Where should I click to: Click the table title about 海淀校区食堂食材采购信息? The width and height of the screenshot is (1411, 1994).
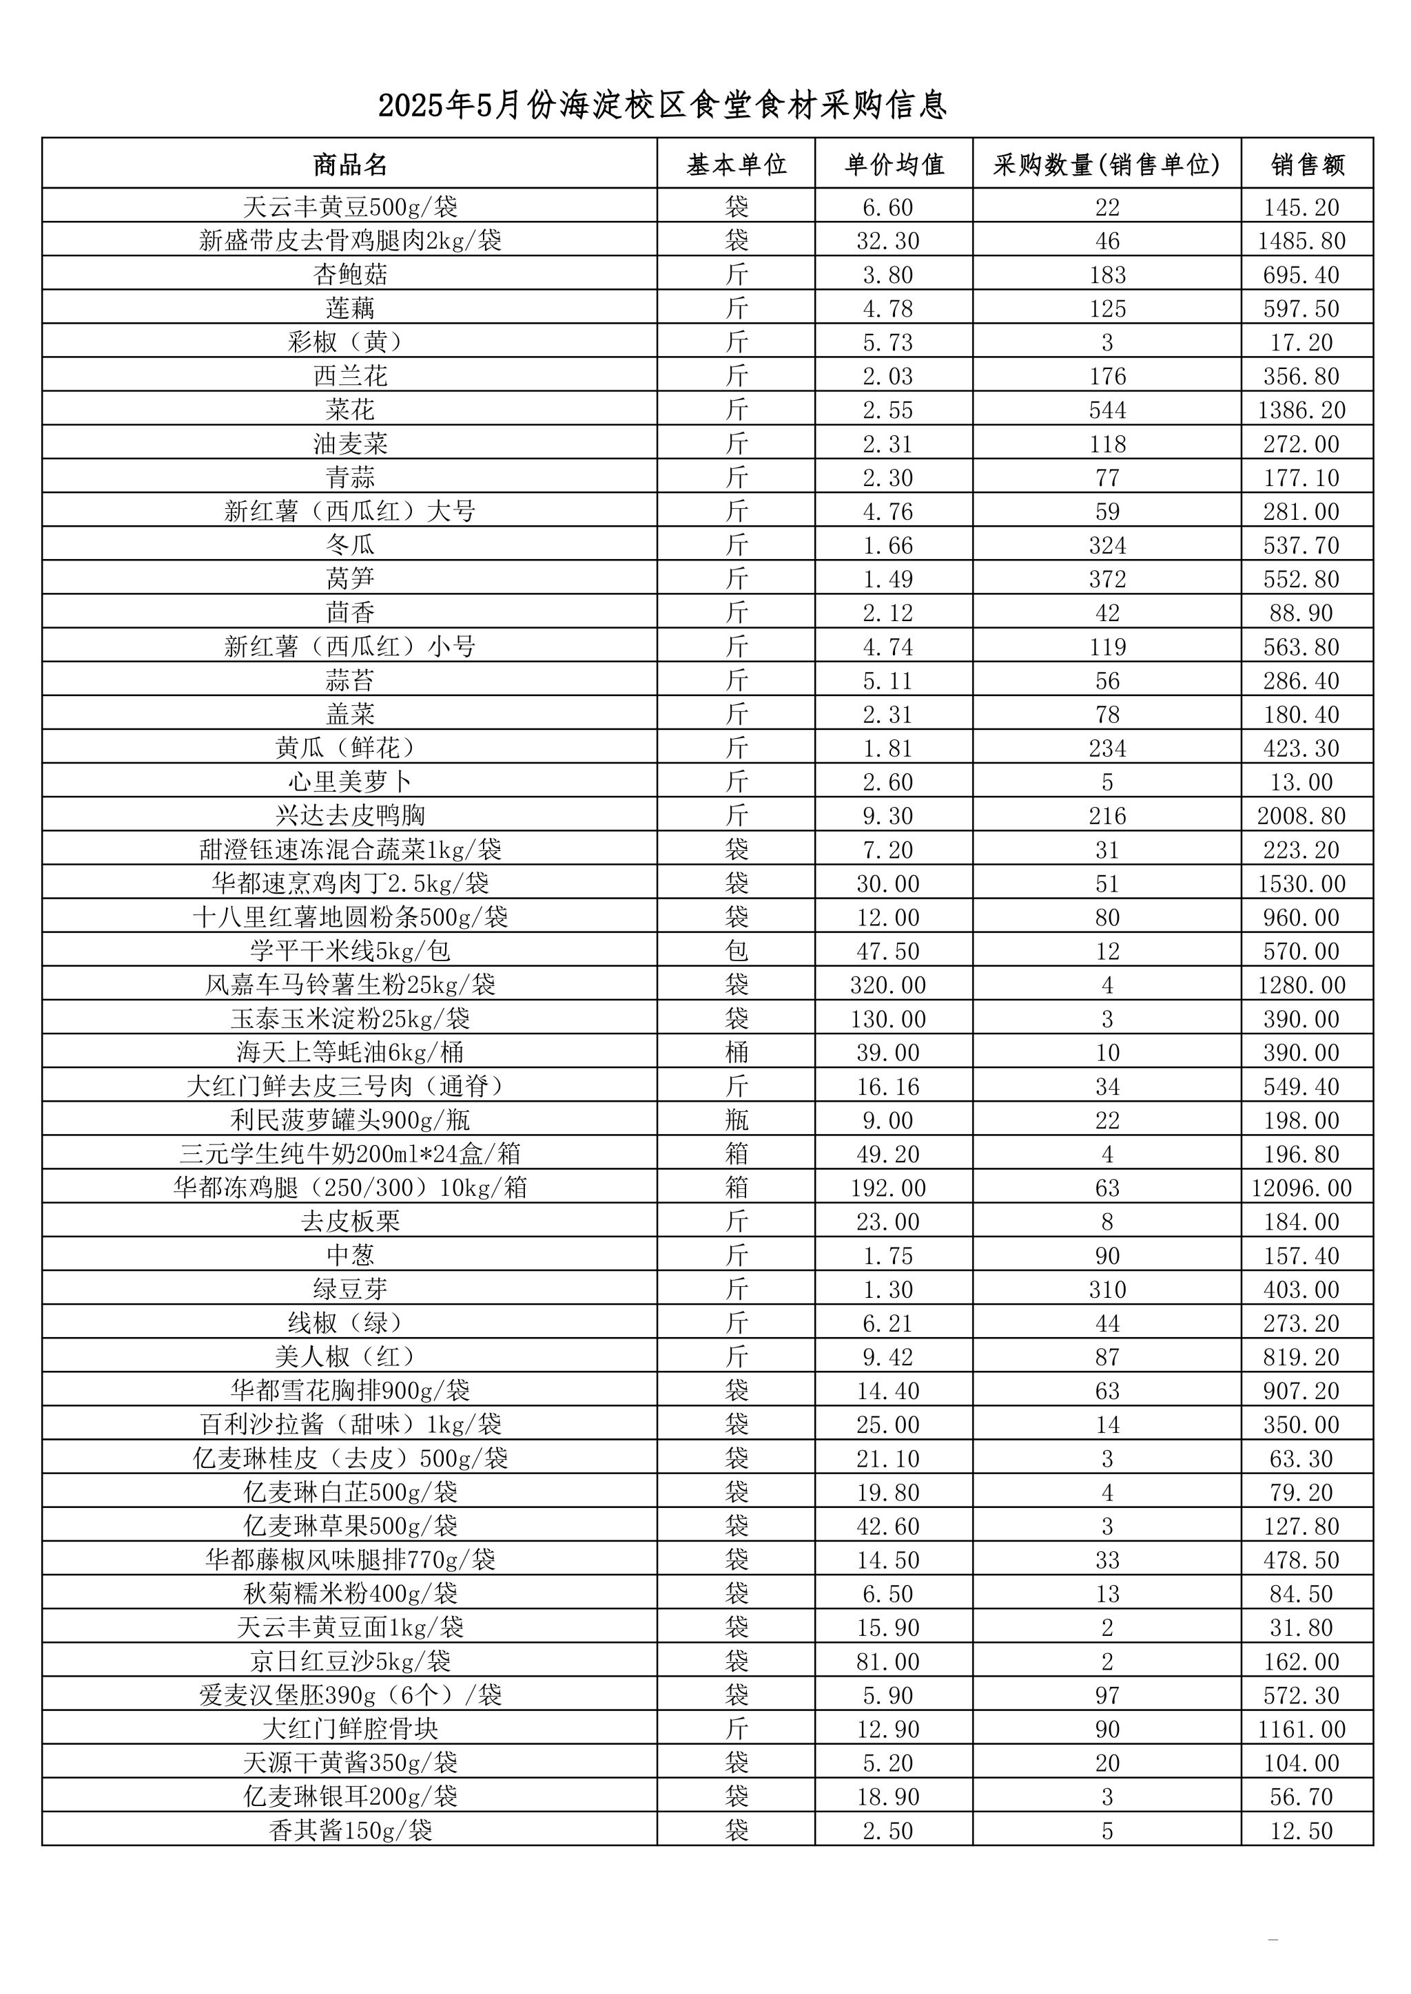pos(662,106)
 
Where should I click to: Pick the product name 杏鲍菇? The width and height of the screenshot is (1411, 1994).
pos(350,275)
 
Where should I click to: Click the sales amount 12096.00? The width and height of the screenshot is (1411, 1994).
pos(1301,1188)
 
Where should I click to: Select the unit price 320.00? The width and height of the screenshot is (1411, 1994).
pos(888,985)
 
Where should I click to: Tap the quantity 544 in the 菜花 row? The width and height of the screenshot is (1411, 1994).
pos(1107,410)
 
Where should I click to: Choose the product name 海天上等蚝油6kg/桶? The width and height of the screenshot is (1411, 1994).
pos(350,1053)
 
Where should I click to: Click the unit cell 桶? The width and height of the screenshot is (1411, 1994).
pos(736,1053)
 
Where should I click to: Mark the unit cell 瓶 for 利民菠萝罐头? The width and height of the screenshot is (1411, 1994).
pos(736,1120)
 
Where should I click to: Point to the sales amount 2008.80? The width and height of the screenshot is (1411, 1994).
pos(1301,815)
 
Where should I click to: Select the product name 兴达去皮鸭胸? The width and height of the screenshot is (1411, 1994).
pos(350,815)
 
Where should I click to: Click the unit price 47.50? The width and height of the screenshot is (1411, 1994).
pos(888,951)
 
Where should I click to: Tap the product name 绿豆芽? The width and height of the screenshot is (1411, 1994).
pos(350,1290)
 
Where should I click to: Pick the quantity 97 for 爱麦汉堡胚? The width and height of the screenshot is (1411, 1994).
pos(1107,1695)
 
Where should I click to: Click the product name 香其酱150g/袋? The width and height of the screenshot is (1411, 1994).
pos(350,1831)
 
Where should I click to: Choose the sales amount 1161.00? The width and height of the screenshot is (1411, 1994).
pos(1301,1729)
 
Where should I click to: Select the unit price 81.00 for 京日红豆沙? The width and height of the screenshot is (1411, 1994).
pos(888,1661)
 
